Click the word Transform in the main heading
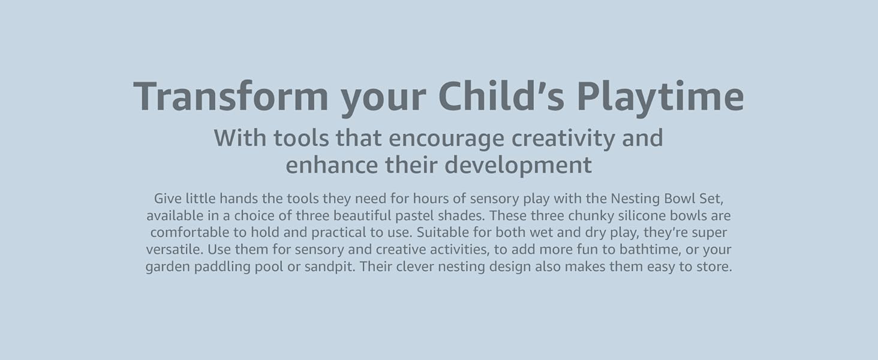point(231,96)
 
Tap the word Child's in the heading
point(501,95)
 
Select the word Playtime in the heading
point(660,98)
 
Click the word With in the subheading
point(240,138)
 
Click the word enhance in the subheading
point(332,165)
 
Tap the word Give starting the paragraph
point(168,199)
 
